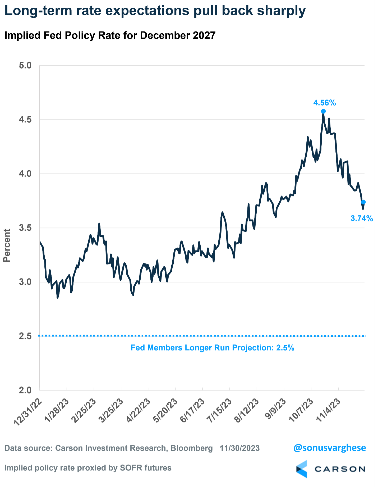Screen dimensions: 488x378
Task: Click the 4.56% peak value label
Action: click(x=324, y=103)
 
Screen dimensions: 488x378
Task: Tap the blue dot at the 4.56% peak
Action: click(x=323, y=111)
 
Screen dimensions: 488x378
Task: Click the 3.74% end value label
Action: click(x=362, y=218)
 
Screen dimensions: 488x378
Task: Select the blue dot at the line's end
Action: click(x=363, y=202)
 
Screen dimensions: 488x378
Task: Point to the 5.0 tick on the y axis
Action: click(x=25, y=65)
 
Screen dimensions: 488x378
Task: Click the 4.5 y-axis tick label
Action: click(x=25, y=120)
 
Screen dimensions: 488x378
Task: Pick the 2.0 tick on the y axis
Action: click(x=25, y=390)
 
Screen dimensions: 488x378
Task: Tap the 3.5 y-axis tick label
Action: click(x=25, y=228)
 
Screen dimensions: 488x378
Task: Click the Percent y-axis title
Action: click(x=7, y=245)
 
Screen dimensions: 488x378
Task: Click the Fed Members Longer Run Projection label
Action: click(x=212, y=348)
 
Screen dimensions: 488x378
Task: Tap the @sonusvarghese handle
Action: click(x=329, y=448)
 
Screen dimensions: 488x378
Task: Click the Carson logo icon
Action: click(x=302, y=469)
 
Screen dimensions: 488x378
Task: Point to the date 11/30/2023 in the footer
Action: click(x=240, y=448)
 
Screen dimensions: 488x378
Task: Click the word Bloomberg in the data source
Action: click(x=192, y=448)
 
